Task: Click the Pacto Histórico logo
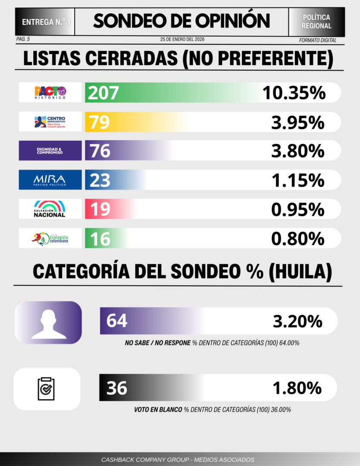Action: pos(50,92)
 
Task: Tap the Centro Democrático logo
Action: pos(50,122)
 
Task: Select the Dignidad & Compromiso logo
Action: pos(50,151)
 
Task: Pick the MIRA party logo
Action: pos(50,179)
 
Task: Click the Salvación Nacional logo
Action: pos(50,209)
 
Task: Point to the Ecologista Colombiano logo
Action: pos(50,238)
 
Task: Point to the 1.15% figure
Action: pos(297,180)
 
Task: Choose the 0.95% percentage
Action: pos(297,209)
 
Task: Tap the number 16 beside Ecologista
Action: pos(100,239)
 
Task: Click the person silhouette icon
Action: pos(48,323)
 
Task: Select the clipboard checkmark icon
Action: pos(47,388)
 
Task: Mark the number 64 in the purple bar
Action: pos(117,321)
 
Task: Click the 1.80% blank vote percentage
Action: pos(297,388)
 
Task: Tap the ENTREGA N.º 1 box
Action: pos(45,21)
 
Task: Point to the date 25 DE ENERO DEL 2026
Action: pos(182,40)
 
